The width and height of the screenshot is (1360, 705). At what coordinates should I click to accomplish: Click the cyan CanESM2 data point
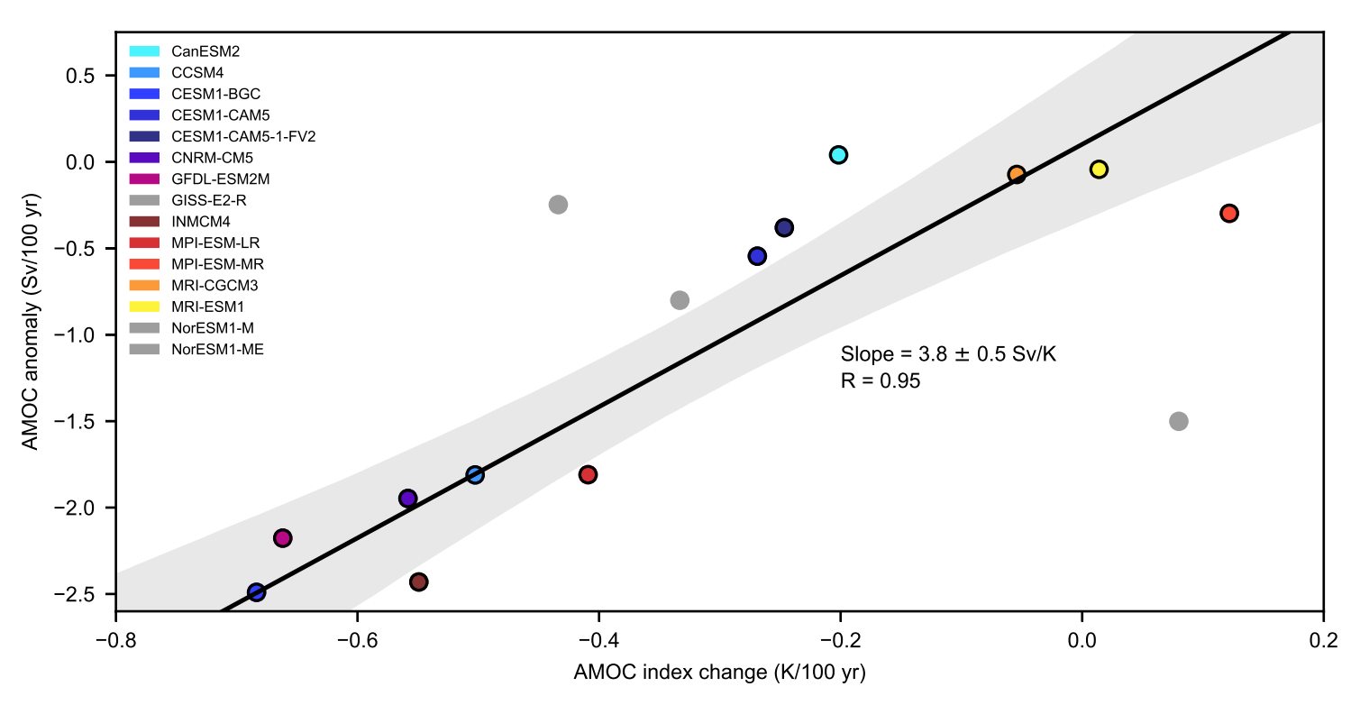pos(838,155)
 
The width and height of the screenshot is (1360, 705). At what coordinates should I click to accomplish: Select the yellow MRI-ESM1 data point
pos(1099,169)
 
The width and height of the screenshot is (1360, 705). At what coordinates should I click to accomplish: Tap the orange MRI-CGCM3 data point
pos(1017,174)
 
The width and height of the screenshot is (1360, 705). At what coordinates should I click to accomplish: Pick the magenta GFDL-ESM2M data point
pos(282,538)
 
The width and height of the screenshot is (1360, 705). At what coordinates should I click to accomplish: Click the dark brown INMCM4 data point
pos(418,582)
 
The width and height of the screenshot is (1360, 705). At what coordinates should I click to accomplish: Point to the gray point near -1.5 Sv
pos(1178,421)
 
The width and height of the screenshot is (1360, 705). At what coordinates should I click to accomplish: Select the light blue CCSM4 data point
pos(475,475)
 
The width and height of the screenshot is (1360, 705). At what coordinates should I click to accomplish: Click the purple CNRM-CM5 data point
pos(407,499)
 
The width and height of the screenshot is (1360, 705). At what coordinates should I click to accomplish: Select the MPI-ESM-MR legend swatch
pos(145,264)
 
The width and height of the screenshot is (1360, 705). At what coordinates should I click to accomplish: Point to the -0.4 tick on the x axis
pos(598,612)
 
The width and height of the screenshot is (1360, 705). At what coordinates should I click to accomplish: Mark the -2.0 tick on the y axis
pos(116,508)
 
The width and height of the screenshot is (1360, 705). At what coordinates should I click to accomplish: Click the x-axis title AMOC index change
pos(718,672)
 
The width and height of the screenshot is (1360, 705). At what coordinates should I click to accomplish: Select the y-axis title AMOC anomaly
pos(32,322)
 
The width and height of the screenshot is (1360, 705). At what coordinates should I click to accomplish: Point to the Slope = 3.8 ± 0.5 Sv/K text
pos(947,354)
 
